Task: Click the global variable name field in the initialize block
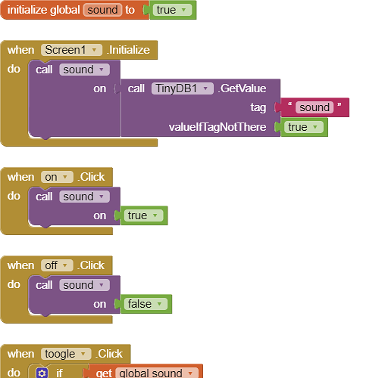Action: (102, 10)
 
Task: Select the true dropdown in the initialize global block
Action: (172, 10)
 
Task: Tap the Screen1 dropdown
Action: (71, 50)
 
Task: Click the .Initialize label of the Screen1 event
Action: (128, 50)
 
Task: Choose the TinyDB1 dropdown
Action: (183, 88)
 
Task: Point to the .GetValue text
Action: (242, 88)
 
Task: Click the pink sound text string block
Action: (315, 107)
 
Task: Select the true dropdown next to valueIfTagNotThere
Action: (303, 127)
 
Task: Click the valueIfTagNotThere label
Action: (218, 127)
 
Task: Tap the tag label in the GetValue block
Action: (258, 107)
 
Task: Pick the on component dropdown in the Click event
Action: (57, 177)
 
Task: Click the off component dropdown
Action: (57, 265)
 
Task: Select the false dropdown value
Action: (146, 304)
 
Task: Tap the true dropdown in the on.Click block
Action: (143, 215)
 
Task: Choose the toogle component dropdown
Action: (66, 354)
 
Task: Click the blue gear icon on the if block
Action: (42, 373)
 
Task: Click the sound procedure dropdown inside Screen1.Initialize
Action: (84, 70)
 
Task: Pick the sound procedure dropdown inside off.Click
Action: (84, 285)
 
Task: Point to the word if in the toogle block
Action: (59, 373)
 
